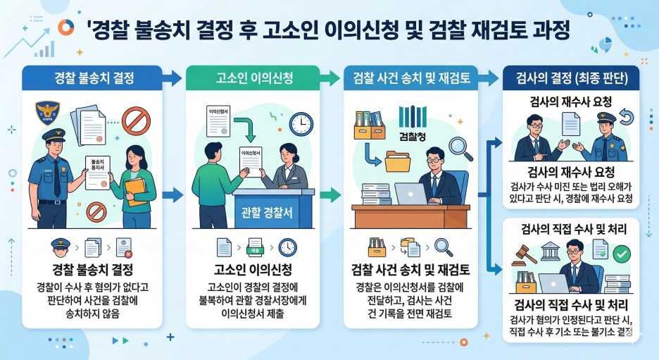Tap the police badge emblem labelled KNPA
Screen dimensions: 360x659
[x=47, y=113]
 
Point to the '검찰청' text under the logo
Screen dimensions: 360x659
[x=413, y=136]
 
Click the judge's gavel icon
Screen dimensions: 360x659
[x=526, y=251]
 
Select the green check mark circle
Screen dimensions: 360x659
[x=622, y=252]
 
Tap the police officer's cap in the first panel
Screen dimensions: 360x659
[x=54, y=134]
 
